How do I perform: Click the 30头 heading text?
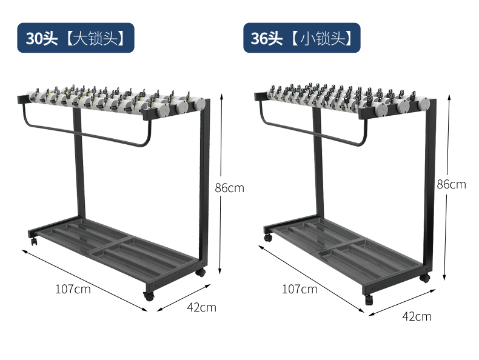coord(42,38)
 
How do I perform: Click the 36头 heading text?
coord(266,38)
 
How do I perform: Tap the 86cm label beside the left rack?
coord(229,188)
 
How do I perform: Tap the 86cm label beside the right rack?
coord(451,184)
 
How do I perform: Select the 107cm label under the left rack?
coord(73,289)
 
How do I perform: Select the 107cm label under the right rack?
coord(300,289)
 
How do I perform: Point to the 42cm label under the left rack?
coord(202,307)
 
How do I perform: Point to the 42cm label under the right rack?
coord(417,316)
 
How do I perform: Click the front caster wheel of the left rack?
coord(149,296)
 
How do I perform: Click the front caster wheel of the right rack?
coord(369,299)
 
